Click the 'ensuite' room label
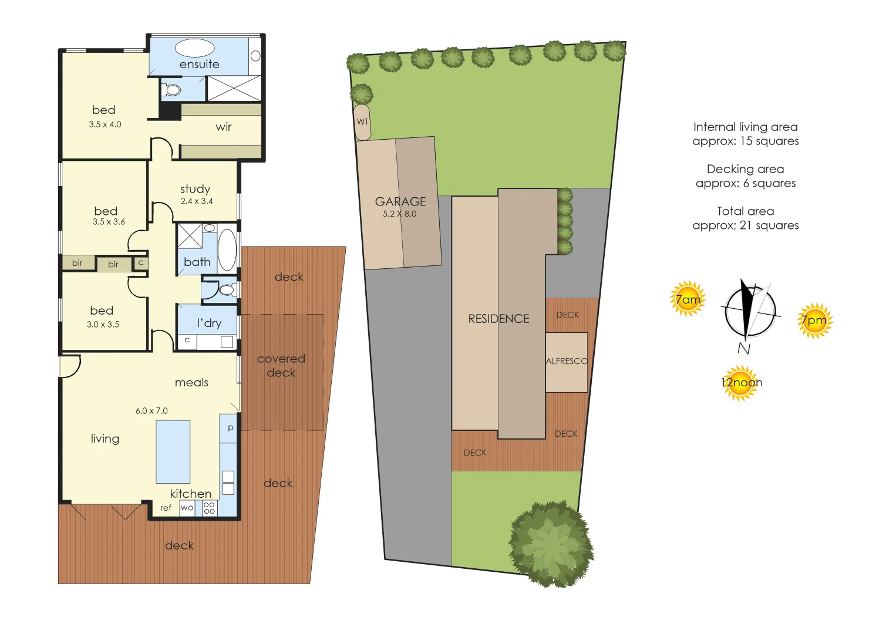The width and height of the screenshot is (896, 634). point(199,64)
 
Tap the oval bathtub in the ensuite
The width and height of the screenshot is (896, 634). point(194,48)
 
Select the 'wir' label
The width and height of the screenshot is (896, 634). point(224,127)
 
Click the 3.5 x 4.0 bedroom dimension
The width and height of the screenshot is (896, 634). point(105,124)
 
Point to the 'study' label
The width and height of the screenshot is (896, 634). point(195,188)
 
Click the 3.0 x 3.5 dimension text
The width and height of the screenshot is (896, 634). point(103,324)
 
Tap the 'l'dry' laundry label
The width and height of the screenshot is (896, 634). point(209,323)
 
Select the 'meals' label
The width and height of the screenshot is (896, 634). point(191,382)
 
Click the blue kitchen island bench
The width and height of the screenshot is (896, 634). point(173,451)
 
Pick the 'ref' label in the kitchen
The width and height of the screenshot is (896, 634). point(166,508)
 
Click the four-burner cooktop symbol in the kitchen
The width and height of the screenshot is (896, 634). point(209,508)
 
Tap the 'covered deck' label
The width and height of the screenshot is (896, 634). point(281,365)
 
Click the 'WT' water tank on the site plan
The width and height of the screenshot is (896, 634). point(363,122)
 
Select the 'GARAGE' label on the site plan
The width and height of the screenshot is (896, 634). point(400,201)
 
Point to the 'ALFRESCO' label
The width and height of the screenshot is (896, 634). point(567,361)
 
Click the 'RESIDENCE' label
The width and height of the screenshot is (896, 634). point(498,319)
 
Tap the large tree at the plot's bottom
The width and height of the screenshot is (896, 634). point(550,544)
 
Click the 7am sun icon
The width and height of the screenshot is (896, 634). point(688,299)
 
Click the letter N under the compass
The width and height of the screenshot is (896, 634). point(744,349)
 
